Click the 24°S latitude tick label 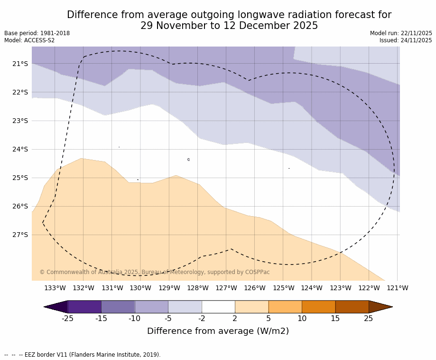(20, 149)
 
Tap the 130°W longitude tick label (140, 288)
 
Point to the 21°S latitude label (20, 64)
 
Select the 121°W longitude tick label (398, 288)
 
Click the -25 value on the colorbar (68, 319)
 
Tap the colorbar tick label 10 (302, 319)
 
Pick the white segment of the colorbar (218, 307)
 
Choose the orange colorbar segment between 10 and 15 (318, 307)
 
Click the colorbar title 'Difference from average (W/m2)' (218, 331)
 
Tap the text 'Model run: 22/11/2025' (401, 33)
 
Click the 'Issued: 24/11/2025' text (406, 40)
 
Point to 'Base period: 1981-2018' (37, 33)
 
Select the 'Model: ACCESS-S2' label (29, 40)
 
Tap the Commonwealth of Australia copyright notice (154, 272)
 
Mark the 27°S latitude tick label (20, 235)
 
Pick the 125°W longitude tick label (283, 288)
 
